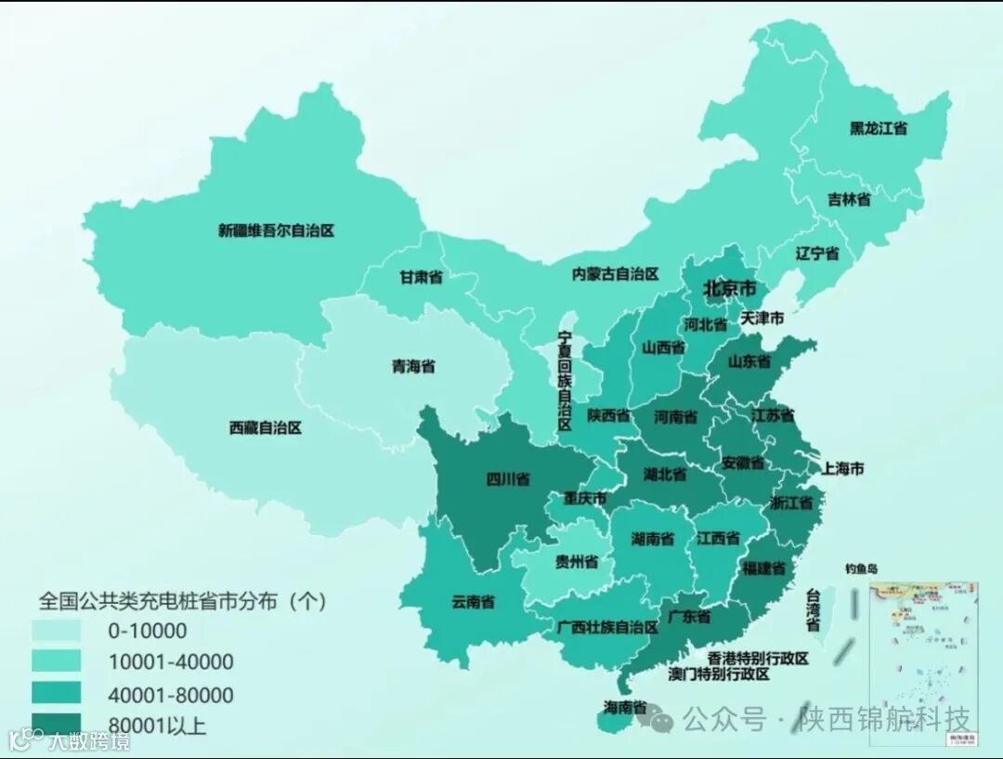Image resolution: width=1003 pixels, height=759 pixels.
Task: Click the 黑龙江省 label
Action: [x=878, y=129]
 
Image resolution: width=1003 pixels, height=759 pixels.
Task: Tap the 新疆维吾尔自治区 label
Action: [x=276, y=230]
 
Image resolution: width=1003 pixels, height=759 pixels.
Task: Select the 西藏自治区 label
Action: [x=266, y=428]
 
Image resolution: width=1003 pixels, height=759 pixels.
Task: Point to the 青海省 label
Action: [x=413, y=366]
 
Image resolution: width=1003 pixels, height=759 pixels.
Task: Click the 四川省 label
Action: [x=508, y=479]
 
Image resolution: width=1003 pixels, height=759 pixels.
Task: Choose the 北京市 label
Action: [x=730, y=289]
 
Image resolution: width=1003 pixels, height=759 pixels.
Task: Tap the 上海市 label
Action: [x=842, y=469]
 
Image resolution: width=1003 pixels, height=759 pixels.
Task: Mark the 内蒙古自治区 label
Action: [x=615, y=274]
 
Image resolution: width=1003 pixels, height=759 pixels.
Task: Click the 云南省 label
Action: [x=474, y=601]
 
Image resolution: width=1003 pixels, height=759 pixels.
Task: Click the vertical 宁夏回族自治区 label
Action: [x=564, y=381]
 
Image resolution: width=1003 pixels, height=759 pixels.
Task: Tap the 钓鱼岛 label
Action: [x=861, y=568]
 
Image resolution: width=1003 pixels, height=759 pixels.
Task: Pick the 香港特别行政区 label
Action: [x=758, y=658]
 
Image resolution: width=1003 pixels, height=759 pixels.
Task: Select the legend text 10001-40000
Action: [x=170, y=662]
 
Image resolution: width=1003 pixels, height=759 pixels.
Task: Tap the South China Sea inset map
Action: [x=923, y=663]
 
